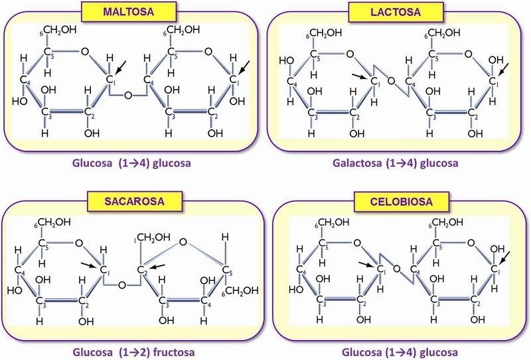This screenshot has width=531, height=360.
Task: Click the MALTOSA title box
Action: tap(129, 12)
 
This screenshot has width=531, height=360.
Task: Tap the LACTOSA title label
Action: tap(396, 12)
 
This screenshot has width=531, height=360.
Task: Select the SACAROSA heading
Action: tap(135, 201)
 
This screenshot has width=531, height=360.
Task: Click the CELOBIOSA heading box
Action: tap(402, 202)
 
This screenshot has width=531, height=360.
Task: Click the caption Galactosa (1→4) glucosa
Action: tap(395, 163)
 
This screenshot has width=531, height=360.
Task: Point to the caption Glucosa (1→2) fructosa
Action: tap(134, 352)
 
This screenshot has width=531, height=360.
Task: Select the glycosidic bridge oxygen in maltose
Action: tap(128, 95)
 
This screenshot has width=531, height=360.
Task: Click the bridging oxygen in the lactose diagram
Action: tap(391, 80)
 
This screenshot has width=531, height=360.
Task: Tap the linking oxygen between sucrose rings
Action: tap(122, 285)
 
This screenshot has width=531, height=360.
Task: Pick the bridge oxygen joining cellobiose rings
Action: tap(396, 269)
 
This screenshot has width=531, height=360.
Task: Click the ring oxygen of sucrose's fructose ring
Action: tap(183, 242)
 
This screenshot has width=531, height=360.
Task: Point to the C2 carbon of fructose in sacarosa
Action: tap(141, 270)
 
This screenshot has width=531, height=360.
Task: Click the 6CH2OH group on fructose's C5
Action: tap(240, 291)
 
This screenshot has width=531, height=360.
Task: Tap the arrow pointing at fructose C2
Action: tap(157, 266)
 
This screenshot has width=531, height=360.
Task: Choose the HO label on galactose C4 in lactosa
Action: tap(286, 60)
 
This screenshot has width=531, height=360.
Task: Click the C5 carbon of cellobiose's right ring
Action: tap(437, 243)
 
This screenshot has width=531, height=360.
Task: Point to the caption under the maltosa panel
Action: tap(131, 163)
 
